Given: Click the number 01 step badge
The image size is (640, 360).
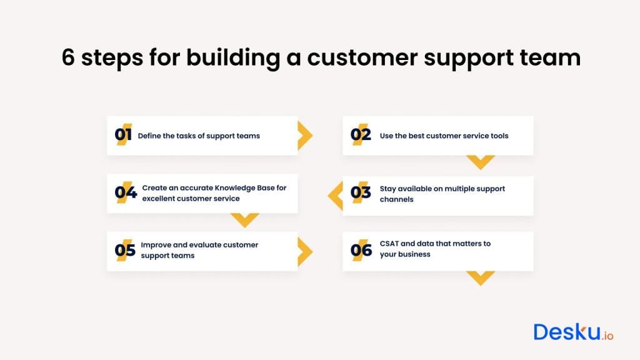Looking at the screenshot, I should coord(123,135).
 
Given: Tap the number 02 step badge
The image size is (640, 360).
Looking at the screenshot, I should coord(361,135).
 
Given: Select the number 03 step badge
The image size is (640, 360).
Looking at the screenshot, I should coord(361,192).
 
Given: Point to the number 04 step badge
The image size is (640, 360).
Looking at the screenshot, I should coord(126,192).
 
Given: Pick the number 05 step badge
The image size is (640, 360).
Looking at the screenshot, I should coord(125,251).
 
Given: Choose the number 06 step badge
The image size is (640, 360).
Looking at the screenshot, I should coord(361,251).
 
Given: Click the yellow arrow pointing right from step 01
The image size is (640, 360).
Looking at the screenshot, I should coord(304,136).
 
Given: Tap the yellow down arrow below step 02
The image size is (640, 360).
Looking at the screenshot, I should coord(481,162).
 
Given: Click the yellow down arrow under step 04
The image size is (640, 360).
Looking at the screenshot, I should coord(244,219).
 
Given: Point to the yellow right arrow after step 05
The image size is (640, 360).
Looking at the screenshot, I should coord(304,251).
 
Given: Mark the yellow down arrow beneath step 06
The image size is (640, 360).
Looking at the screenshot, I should coord(481,277).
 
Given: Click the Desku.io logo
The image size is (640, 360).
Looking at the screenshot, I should coord(573,332).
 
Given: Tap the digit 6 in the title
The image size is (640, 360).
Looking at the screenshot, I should coord(68,58).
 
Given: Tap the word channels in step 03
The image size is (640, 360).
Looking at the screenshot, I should coord(396,199).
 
